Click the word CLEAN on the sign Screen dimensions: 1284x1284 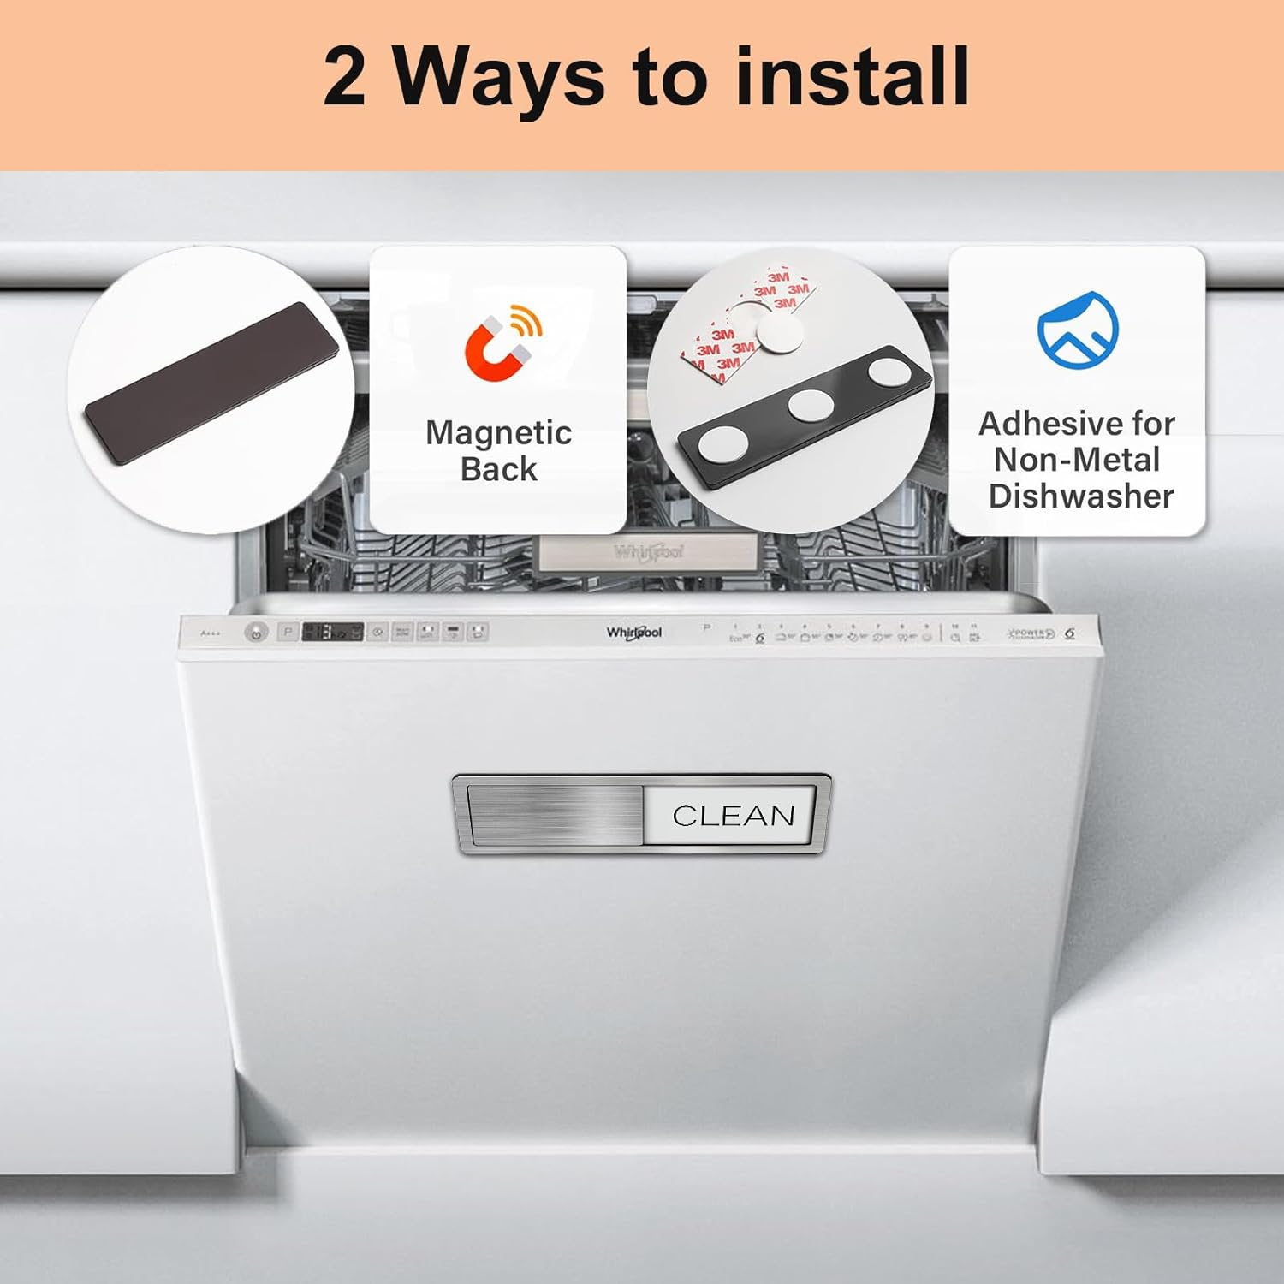[x=734, y=816]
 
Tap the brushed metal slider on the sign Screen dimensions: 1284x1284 [x=555, y=815]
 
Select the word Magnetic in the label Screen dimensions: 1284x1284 [x=498, y=433]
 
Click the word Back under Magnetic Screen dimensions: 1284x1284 [x=498, y=470]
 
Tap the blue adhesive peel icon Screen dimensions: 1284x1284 [x=1078, y=330]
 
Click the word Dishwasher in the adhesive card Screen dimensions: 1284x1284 [x=1080, y=496]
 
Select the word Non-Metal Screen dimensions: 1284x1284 [x=1077, y=461]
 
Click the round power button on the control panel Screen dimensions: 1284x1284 [x=255, y=633]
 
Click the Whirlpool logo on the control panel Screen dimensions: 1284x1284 [x=634, y=633]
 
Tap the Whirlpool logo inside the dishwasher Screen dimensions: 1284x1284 [x=648, y=552]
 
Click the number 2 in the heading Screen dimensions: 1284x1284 [x=345, y=77]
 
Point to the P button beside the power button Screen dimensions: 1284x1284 [x=288, y=633]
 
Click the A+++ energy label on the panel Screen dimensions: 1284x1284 [x=210, y=633]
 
